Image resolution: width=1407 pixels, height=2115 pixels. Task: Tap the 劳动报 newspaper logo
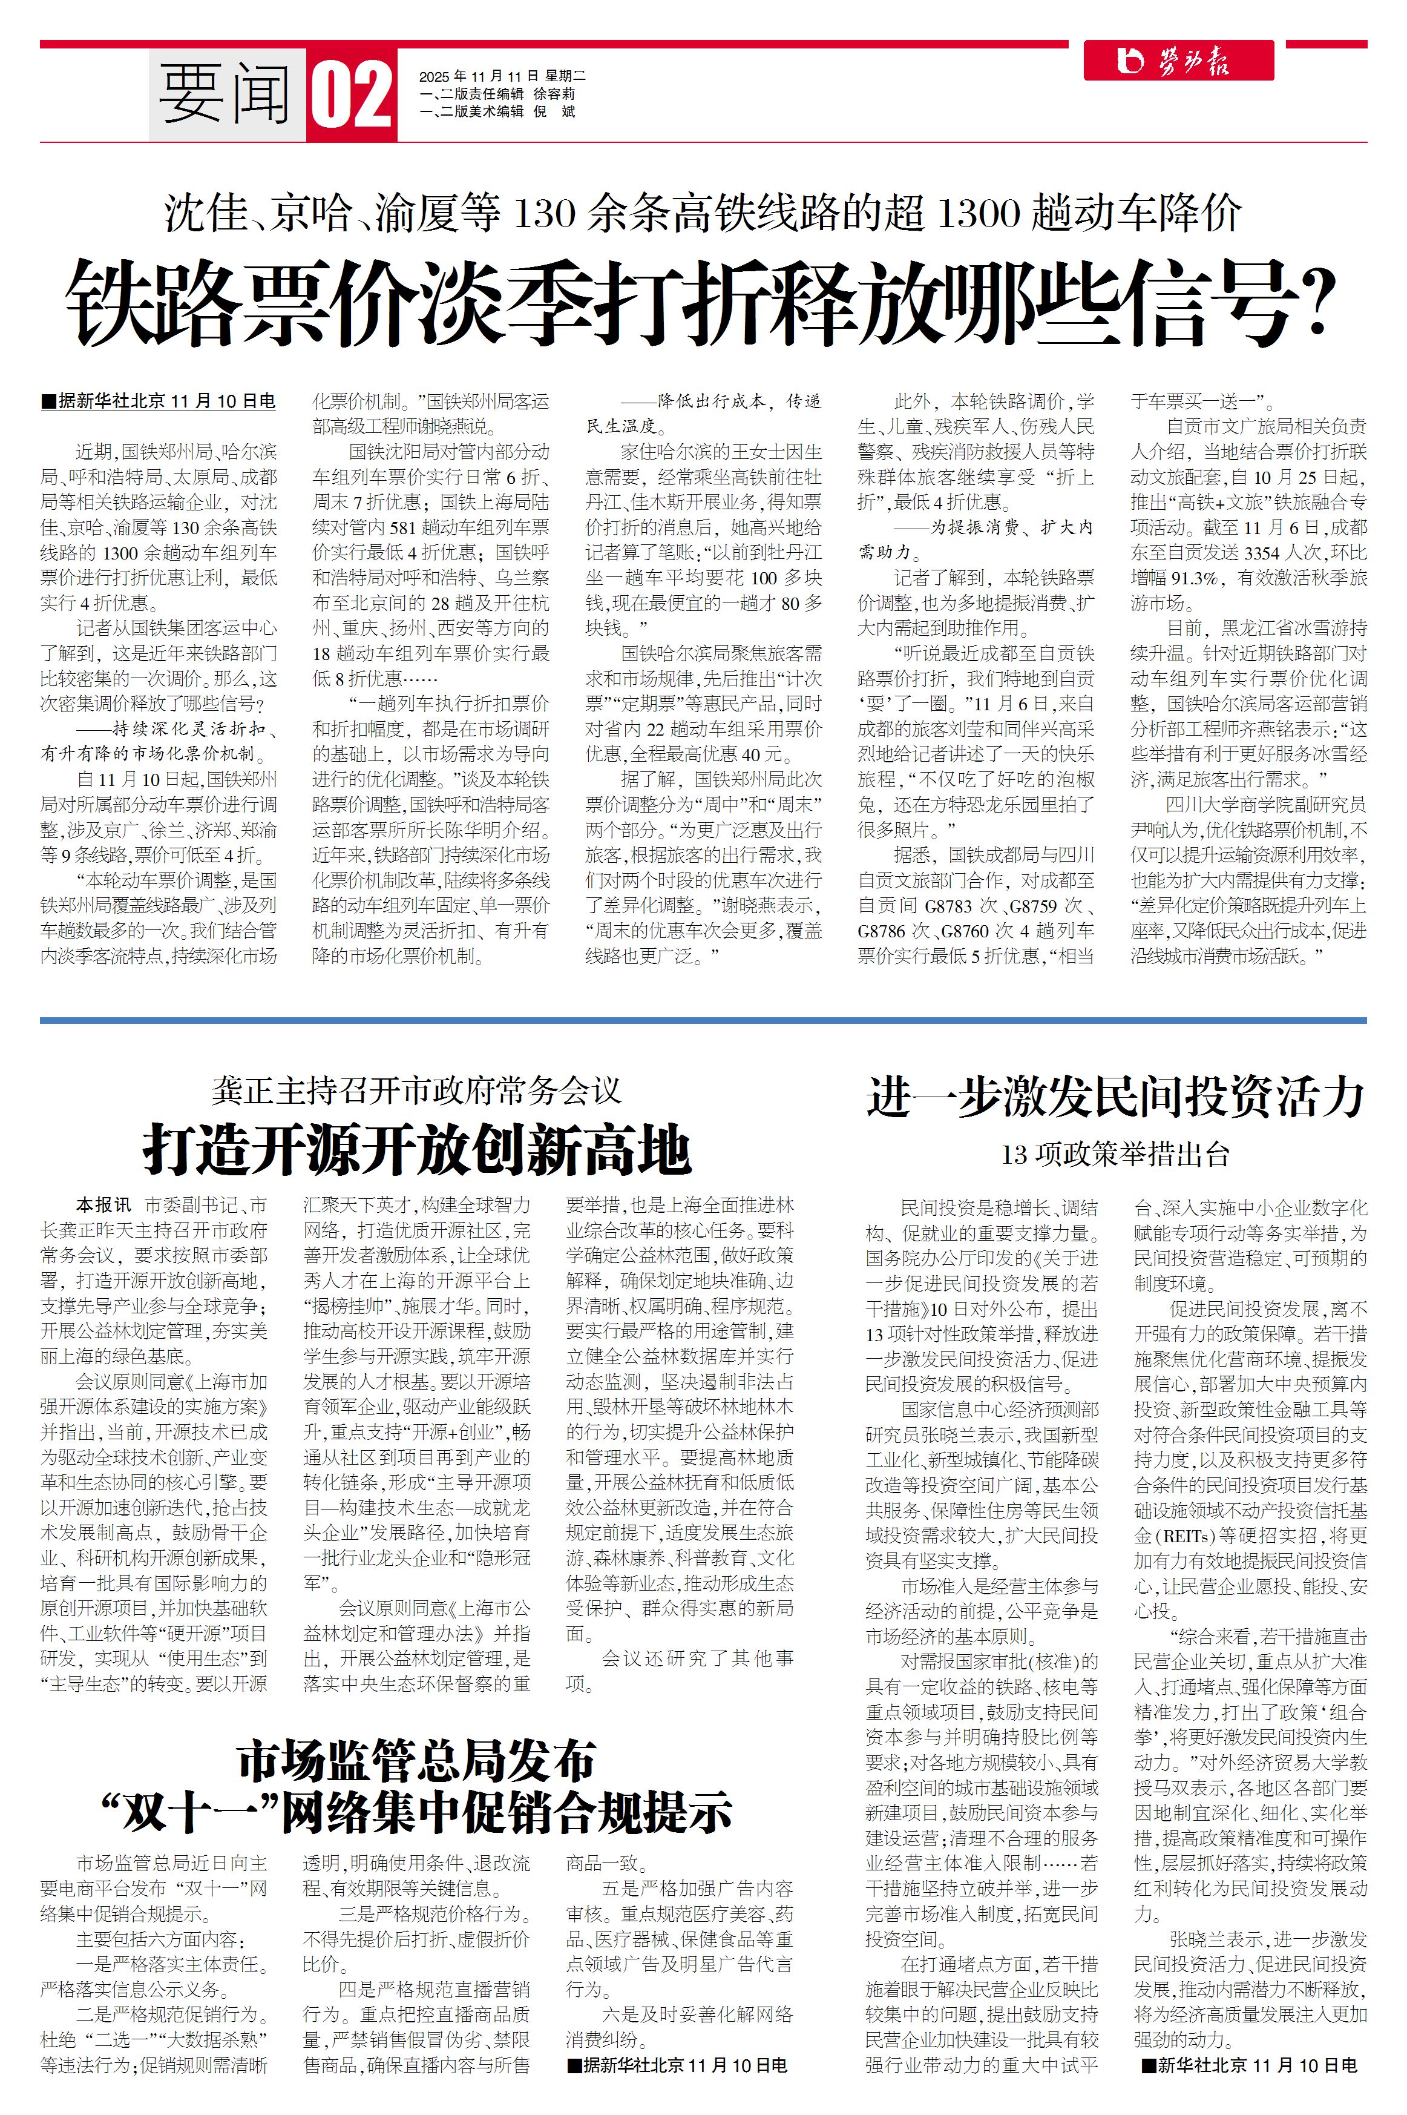(1177, 61)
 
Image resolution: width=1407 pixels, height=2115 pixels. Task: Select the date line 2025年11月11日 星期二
(502, 76)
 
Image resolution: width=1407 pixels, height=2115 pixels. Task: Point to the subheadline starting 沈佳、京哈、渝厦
(703, 214)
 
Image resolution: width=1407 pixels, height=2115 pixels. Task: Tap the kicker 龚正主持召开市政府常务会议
(417, 1090)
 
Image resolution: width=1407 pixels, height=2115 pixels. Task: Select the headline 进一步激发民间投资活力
(1115, 1097)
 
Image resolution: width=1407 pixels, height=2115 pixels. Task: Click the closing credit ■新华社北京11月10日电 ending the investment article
(1249, 2065)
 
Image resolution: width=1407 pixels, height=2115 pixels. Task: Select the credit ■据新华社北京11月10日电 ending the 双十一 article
(677, 2065)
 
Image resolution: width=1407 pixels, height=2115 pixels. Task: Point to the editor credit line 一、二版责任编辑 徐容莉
(497, 93)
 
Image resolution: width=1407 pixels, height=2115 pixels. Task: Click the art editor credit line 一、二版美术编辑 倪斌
(497, 111)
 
